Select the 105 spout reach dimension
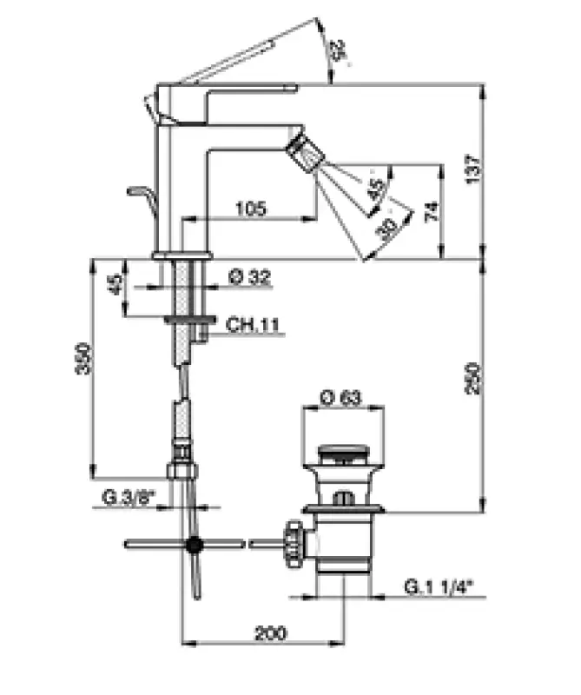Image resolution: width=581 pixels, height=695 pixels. pos(250,208)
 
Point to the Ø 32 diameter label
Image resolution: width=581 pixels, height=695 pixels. pos(249,278)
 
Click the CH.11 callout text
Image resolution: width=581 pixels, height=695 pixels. pos(251,325)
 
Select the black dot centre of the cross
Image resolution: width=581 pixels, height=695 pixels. pos(195,545)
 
